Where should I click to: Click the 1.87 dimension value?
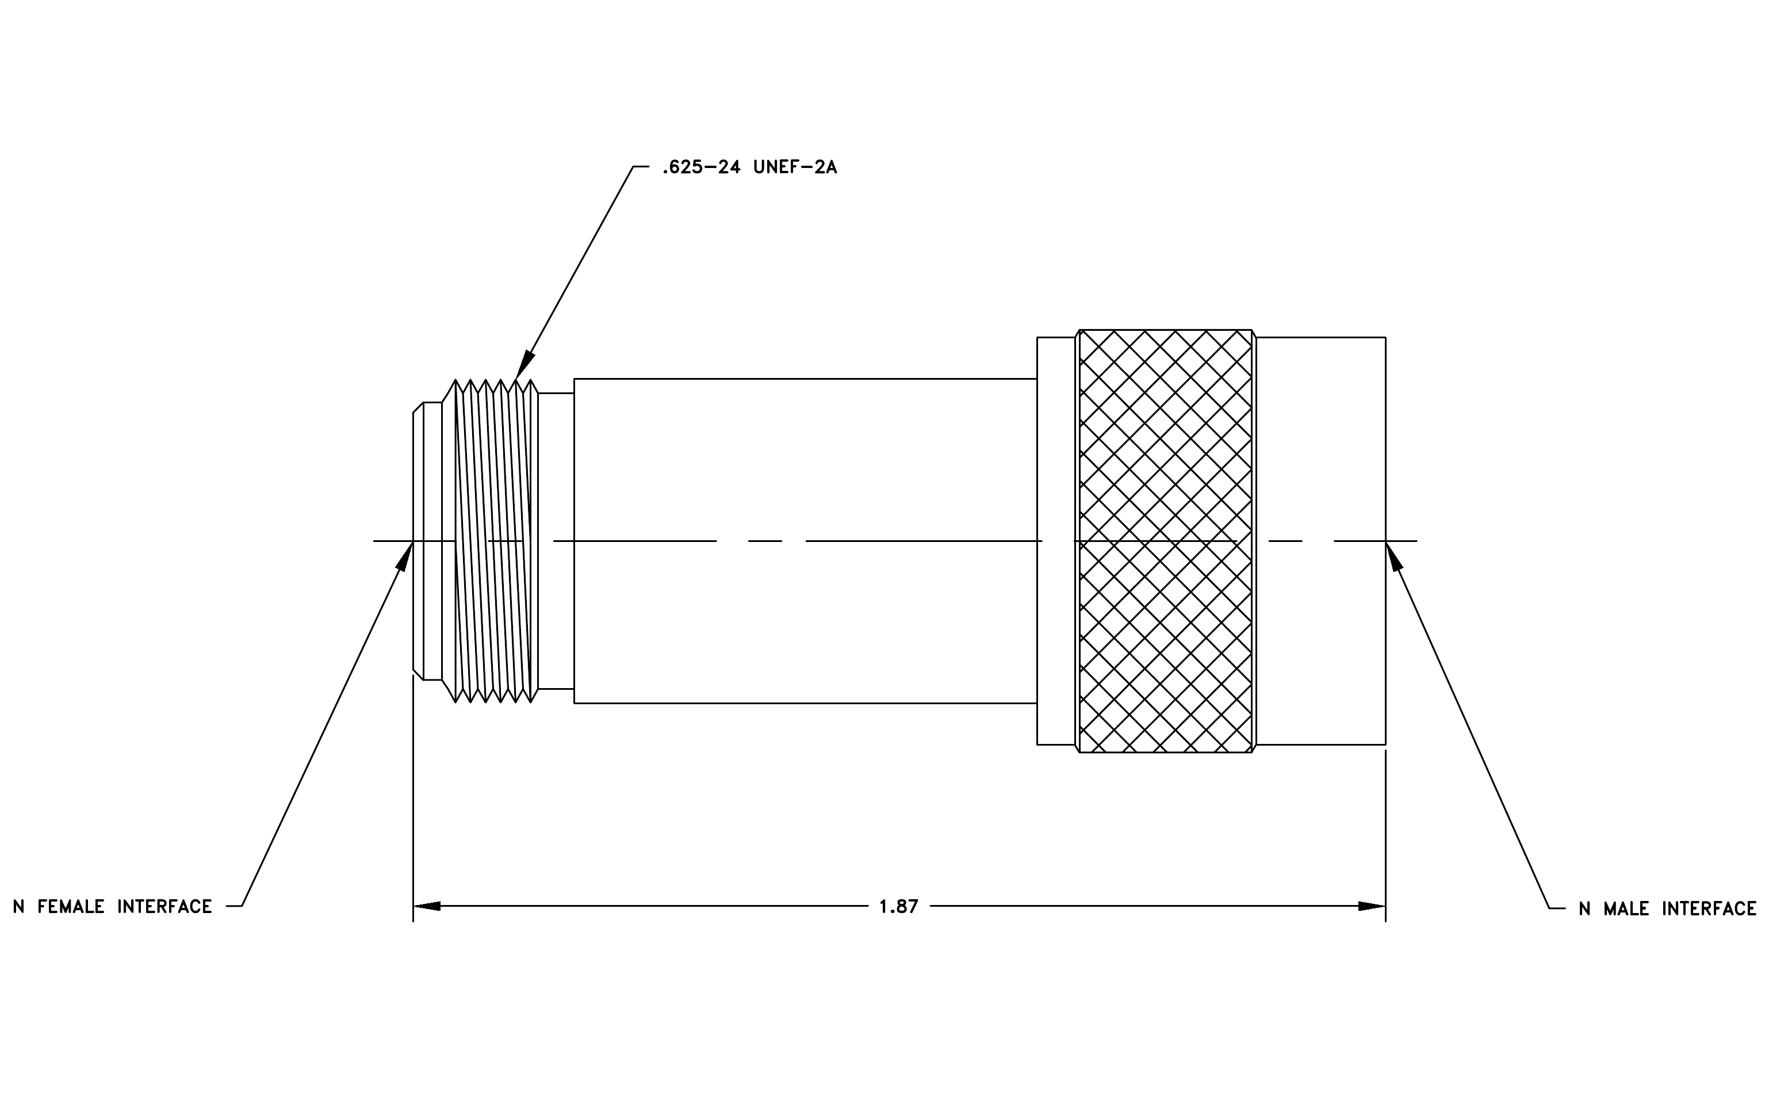[x=899, y=907]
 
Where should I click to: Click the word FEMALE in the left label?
[x=71, y=907]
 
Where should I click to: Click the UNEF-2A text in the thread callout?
[x=795, y=167]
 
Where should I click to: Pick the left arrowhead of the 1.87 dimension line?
[x=427, y=906]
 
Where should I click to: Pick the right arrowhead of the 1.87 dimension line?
[x=1372, y=906]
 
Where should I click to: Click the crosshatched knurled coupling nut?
[x=1165, y=541]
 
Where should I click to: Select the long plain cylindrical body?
[x=805, y=541]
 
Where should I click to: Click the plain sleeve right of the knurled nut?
[x=1321, y=541]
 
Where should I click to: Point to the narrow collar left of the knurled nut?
[x=1056, y=541]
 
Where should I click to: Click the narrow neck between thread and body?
[x=556, y=541]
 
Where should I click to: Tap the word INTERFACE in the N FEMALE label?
[x=165, y=907]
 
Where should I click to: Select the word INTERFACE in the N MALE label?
[x=1709, y=909]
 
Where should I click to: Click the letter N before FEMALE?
[x=19, y=907]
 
